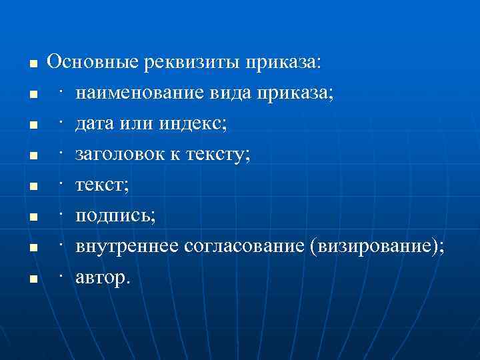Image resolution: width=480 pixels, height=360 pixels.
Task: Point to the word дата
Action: (94, 123)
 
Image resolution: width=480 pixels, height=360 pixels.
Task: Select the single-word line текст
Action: (100, 185)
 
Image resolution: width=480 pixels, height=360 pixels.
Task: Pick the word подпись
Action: (114, 216)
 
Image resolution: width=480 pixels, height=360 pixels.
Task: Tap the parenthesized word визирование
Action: (375, 247)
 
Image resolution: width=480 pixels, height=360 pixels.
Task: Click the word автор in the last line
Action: (101, 278)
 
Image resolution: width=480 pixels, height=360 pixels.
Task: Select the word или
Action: (136, 123)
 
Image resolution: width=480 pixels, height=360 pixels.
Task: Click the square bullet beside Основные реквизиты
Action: (31, 65)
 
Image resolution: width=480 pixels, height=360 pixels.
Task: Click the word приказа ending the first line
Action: (283, 63)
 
